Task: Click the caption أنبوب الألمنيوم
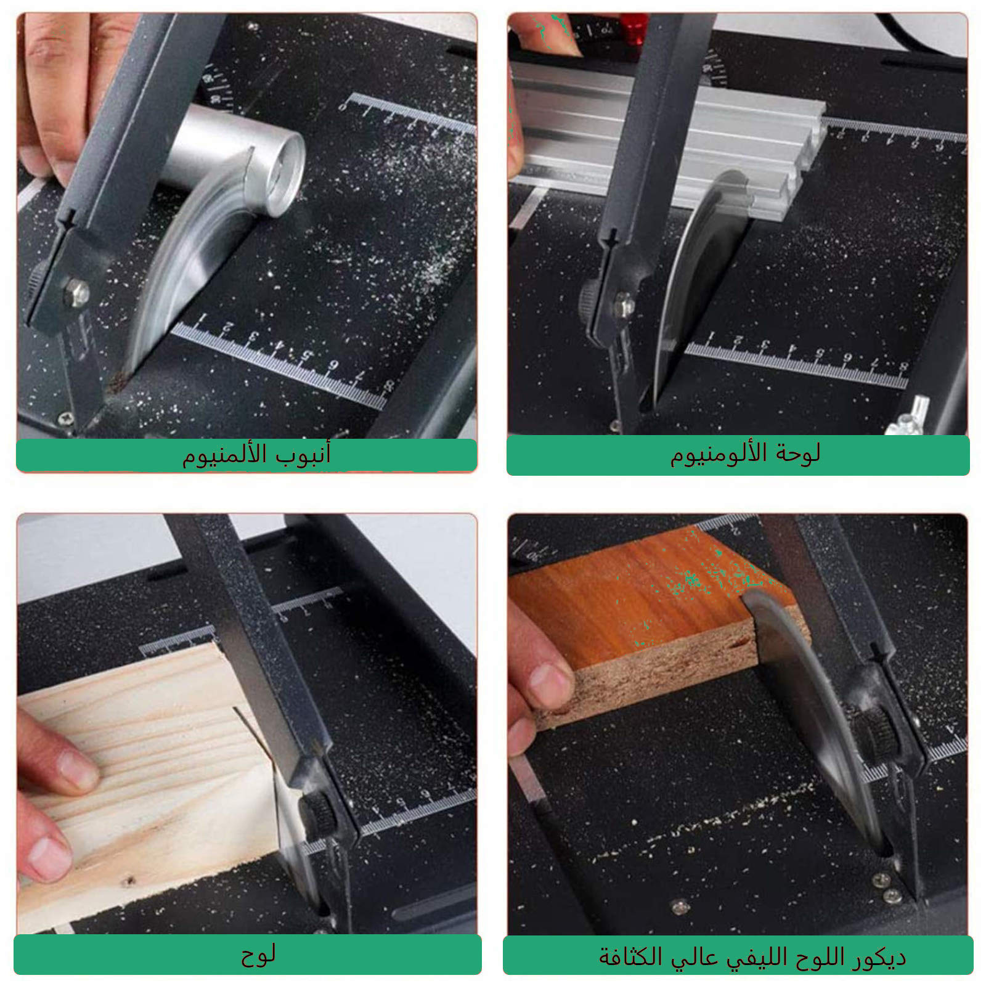(256, 455)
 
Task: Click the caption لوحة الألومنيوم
(745, 454)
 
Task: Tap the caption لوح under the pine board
(258, 955)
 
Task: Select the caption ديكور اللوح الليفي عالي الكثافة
(752, 956)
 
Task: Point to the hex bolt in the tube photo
(76, 293)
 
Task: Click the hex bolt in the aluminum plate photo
(624, 305)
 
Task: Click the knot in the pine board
(128, 882)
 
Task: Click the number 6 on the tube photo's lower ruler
(333, 365)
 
